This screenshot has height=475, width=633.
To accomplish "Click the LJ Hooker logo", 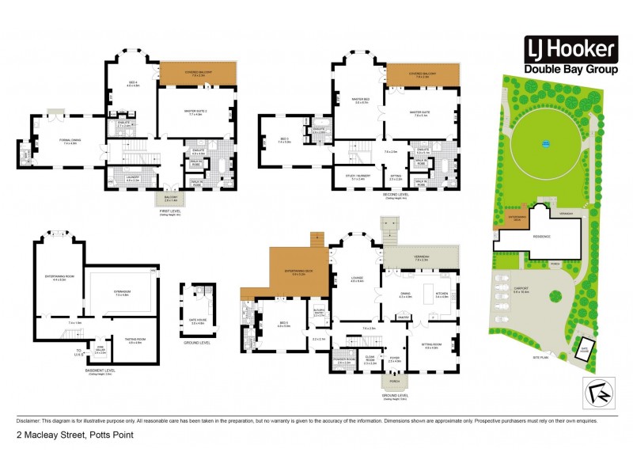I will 570,57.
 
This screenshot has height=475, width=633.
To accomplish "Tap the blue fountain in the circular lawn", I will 544,144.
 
